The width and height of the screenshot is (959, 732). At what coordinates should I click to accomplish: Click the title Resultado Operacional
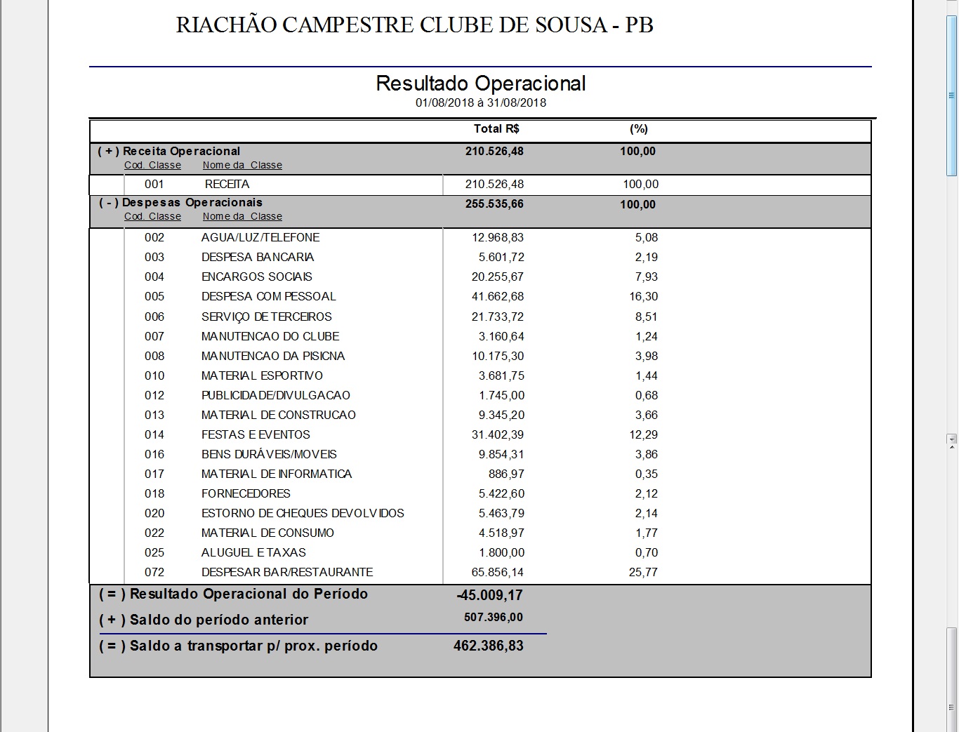(480, 84)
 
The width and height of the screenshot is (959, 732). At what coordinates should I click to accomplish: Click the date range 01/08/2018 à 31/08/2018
(480, 102)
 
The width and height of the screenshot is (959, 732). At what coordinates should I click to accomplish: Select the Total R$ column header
(496, 129)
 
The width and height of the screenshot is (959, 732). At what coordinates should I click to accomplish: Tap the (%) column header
(638, 129)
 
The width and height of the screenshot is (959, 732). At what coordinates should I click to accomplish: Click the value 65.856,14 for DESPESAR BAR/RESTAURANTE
(498, 573)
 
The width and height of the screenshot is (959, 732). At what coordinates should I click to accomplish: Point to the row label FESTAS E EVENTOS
(256, 435)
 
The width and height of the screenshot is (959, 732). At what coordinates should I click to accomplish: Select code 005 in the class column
(154, 297)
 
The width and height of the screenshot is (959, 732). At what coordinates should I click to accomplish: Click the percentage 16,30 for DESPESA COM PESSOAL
(643, 297)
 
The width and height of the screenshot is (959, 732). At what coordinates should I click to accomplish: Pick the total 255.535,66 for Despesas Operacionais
(494, 204)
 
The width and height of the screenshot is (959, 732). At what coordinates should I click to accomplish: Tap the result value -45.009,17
(489, 596)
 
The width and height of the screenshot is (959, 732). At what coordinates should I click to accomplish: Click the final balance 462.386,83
(489, 646)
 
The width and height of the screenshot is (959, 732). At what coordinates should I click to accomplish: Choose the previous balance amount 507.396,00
(494, 618)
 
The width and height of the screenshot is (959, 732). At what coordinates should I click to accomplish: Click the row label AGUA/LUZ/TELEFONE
(260, 238)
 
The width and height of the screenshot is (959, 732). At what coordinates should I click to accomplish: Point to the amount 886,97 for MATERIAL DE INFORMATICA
(506, 474)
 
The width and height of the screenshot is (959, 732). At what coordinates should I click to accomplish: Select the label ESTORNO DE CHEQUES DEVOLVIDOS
(303, 514)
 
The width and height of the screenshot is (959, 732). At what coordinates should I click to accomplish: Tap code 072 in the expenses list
(154, 573)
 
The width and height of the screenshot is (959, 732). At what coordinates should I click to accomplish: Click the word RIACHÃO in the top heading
(226, 25)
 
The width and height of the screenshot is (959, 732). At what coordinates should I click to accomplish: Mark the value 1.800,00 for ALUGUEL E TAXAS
(501, 553)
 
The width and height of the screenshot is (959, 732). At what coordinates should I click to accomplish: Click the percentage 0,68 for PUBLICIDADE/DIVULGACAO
(646, 396)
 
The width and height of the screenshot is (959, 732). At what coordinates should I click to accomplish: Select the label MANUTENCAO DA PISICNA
(273, 357)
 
